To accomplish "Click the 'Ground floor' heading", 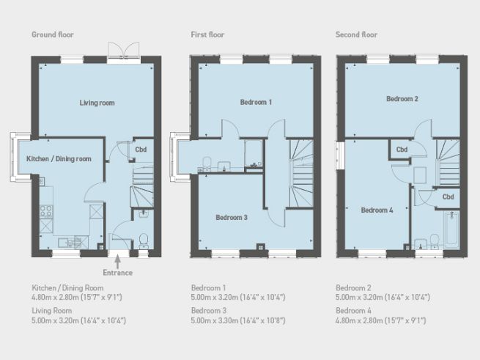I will click(x=52, y=34).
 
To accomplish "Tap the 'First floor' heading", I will click(x=207, y=34).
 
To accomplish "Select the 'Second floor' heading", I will click(x=356, y=34).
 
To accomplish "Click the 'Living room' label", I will click(x=97, y=103).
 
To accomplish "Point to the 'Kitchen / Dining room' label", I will click(x=59, y=158).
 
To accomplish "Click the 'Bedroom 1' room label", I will click(x=256, y=103).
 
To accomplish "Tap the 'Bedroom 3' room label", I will click(x=231, y=218).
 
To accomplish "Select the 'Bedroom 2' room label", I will click(x=402, y=98).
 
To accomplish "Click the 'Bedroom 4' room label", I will click(x=377, y=210).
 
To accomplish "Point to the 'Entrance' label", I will click(x=118, y=273).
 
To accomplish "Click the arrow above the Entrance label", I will click(x=118, y=260).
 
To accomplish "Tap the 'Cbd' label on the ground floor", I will click(x=140, y=150).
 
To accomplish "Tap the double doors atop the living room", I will click(x=122, y=48).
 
